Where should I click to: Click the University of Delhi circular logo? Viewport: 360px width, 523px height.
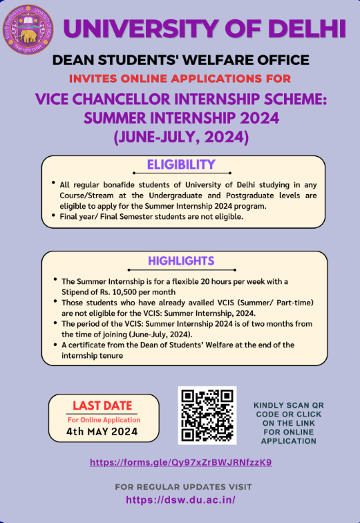28,29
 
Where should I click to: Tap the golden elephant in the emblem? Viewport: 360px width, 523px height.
28,36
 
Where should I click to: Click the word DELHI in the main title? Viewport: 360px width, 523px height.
307,29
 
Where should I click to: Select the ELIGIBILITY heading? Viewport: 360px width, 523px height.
181,164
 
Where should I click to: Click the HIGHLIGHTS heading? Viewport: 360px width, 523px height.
181,261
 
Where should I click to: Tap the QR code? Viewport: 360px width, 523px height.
207,415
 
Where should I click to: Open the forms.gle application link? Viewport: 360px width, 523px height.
181,462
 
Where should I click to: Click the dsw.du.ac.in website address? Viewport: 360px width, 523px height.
180,500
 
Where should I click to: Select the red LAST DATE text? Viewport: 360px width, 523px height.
102,406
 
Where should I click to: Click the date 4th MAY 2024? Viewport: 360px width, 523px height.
102,432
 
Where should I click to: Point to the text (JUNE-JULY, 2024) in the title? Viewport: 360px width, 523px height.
181,137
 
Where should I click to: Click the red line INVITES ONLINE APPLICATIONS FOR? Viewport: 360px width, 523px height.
180,79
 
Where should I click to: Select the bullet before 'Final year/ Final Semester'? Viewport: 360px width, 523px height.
53,216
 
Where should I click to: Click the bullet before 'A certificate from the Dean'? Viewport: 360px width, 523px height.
55,344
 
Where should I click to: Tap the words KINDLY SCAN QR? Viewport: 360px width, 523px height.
289,406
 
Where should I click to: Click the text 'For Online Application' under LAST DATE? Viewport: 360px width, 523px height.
104,420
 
